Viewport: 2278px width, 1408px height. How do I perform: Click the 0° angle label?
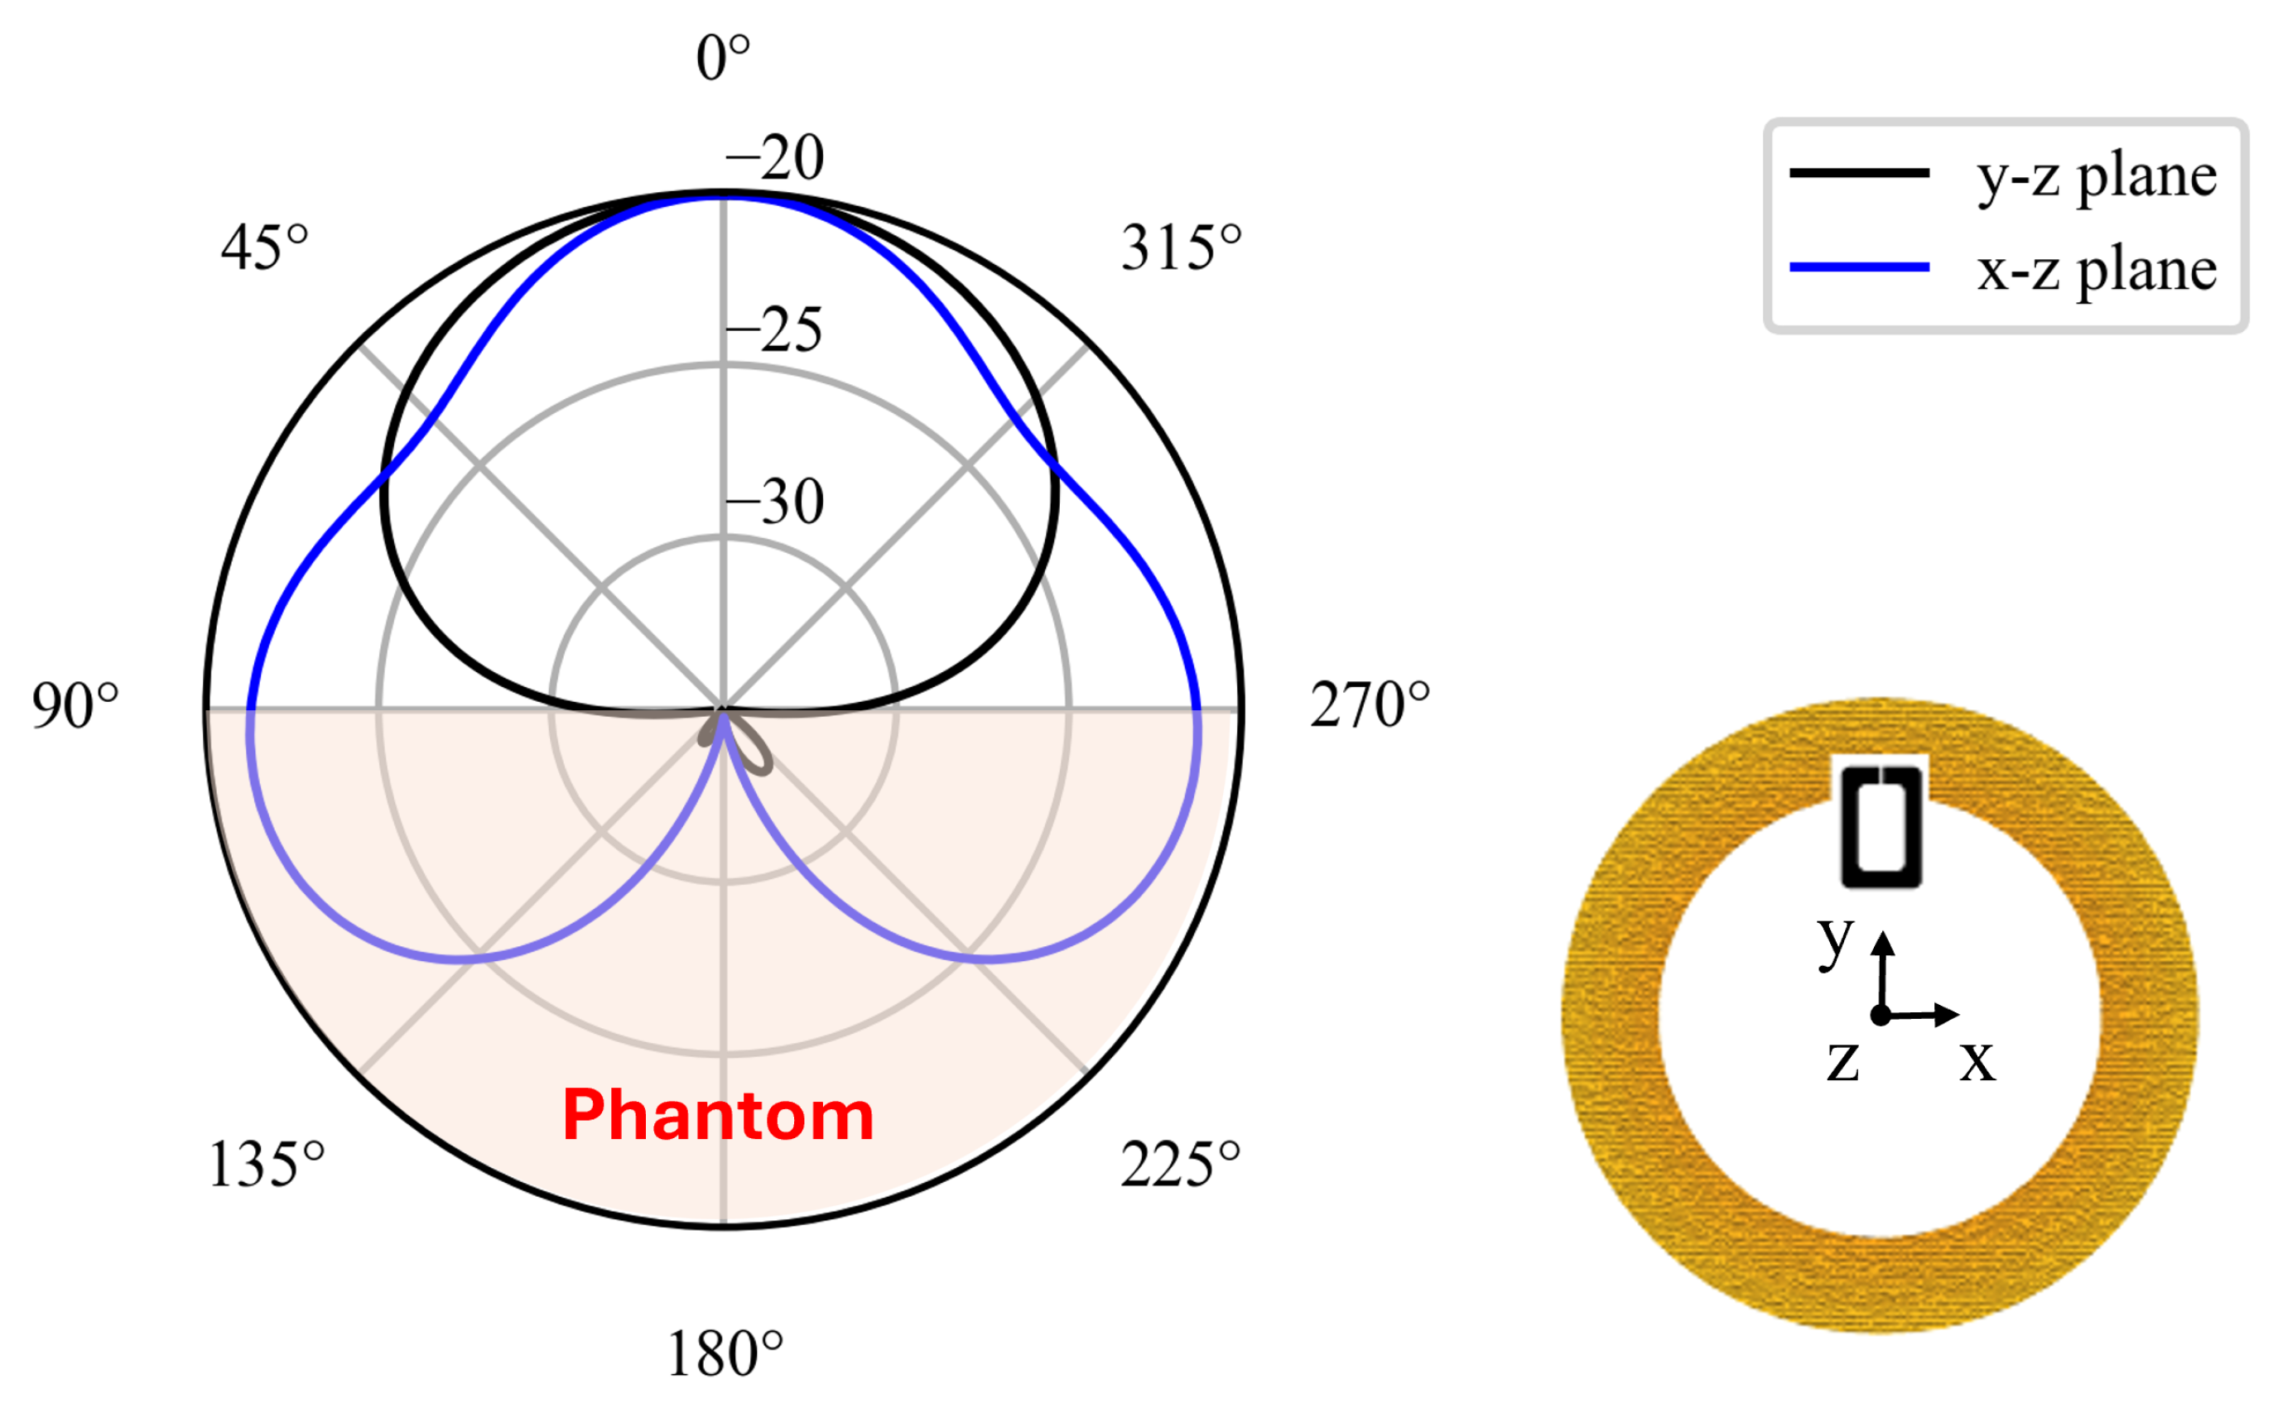pyautogui.click(x=723, y=58)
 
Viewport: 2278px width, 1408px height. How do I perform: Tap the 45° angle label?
pyautogui.click(x=264, y=247)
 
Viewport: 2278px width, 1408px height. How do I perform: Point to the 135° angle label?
pyautogui.click(x=267, y=1164)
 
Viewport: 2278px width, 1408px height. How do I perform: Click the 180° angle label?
pyautogui.click(x=725, y=1354)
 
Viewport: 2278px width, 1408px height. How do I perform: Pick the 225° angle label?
pyautogui.click(x=1180, y=1164)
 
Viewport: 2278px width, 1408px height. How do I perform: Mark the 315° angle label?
pyautogui.click(x=1181, y=247)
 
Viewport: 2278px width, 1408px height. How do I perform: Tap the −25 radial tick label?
pyautogui.click(x=775, y=329)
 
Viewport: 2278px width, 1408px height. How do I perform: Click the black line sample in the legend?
pyautogui.click(x=1859, y=172)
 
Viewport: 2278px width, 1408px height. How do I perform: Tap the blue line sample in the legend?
pyautogui.click(x=1859, y=267)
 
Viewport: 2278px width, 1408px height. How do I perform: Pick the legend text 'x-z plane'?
pyautogui.click(x=2097, y=270)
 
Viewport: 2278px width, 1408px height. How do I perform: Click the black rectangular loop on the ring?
pyautogui.click(x=1881, y=826)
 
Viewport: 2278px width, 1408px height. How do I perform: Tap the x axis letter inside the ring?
pyautogui.click(x=1977, y=1060)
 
